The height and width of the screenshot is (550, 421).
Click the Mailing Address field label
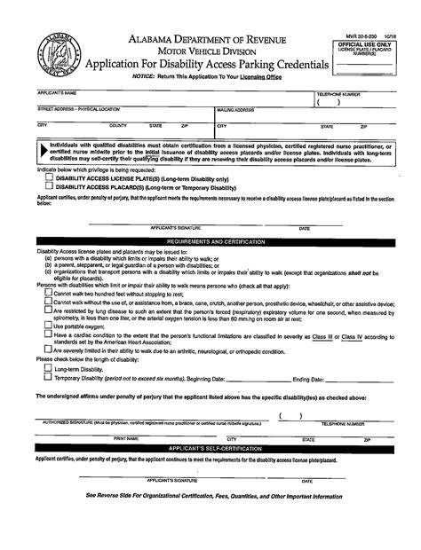tap(236, 109)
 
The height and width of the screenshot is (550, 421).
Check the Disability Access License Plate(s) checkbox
tap(50, 177)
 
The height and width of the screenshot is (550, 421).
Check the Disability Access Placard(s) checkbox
tap(50, 186)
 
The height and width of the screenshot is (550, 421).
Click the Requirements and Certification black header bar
tap(210, 240)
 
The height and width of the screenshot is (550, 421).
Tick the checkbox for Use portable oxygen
tap(47, 326)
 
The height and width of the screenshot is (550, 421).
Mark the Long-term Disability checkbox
tap(47, 367)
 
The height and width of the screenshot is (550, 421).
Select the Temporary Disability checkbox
tap(47, 377)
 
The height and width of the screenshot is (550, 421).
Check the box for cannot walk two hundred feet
tap(47, 294)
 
